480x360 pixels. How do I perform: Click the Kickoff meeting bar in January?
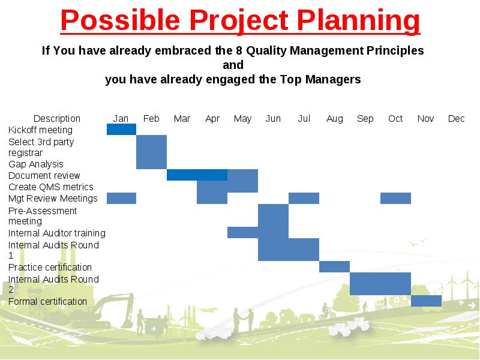tap(121, 129)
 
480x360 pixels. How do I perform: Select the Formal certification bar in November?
tap(426, 301)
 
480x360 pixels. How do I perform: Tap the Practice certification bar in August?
tap(334, 266)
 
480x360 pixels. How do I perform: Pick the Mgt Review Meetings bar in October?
tap(395, 198)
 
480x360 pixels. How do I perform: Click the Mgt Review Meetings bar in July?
tap(304, 198)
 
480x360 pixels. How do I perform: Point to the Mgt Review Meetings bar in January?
tap(121, 198)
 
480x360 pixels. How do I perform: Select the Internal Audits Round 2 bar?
tap(380, 284)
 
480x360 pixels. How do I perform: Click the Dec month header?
tap(456, 118)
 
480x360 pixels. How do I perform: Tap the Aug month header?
tap(335, 118)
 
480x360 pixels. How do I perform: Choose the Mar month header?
tap(182, 118)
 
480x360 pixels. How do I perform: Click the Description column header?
tap(56, 118)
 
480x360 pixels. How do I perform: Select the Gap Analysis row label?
tap(36, 164)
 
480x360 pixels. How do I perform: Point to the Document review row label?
tap(44, 175)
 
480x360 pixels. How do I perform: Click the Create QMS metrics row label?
tap(51, 187)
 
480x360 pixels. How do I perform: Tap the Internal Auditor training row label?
tap(57, 233)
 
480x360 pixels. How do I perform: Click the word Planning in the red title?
tap(358, 20)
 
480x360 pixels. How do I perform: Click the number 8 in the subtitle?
tap(239, 50)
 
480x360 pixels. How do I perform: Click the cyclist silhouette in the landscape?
tap(327, 311)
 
